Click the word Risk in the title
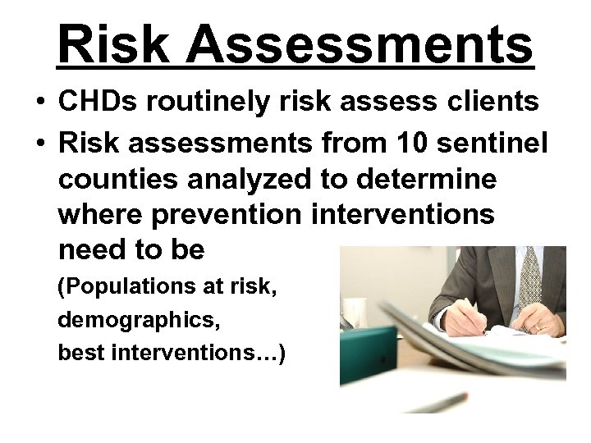coord(113,44)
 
